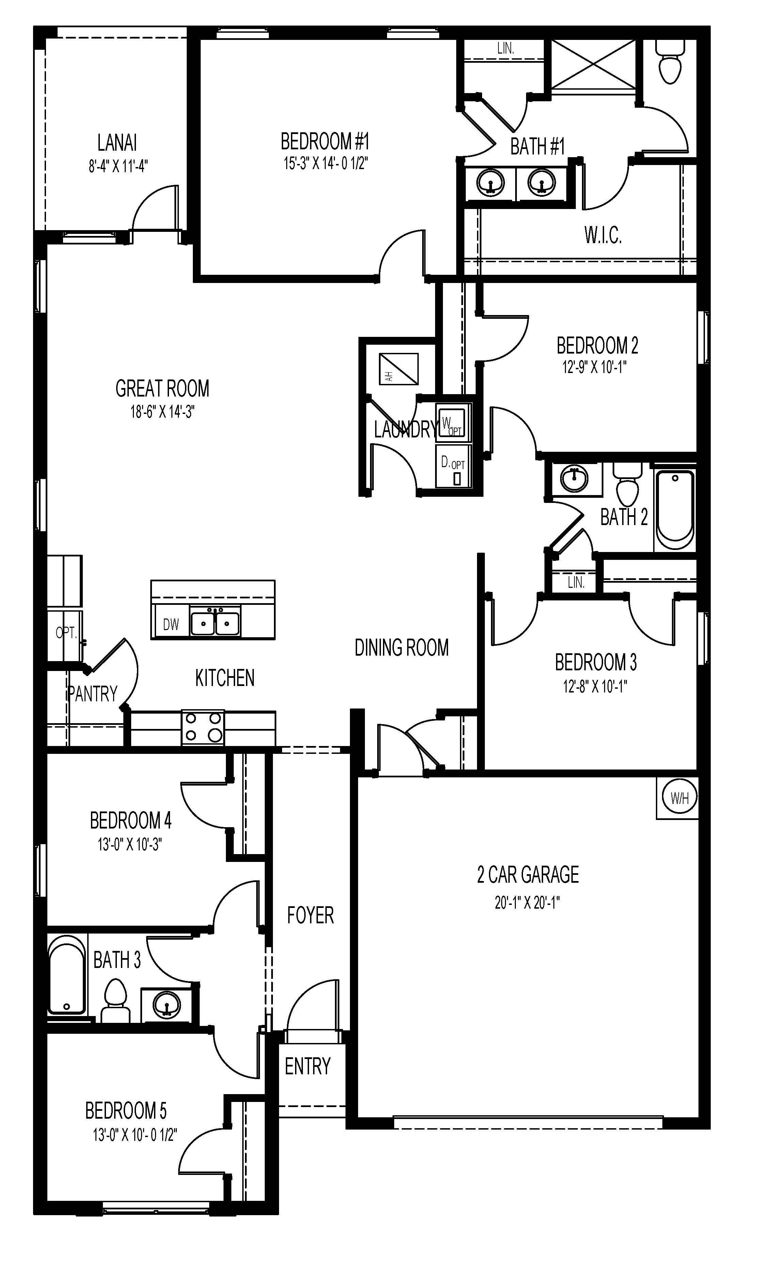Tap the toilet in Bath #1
(670, 64)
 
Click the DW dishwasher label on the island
(171, 625)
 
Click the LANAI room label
(117, 143)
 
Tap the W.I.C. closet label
(603, 235)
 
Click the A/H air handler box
(399, 369)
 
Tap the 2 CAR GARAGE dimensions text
(527, 902)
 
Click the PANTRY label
(93, 694)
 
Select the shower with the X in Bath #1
(593, 64)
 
